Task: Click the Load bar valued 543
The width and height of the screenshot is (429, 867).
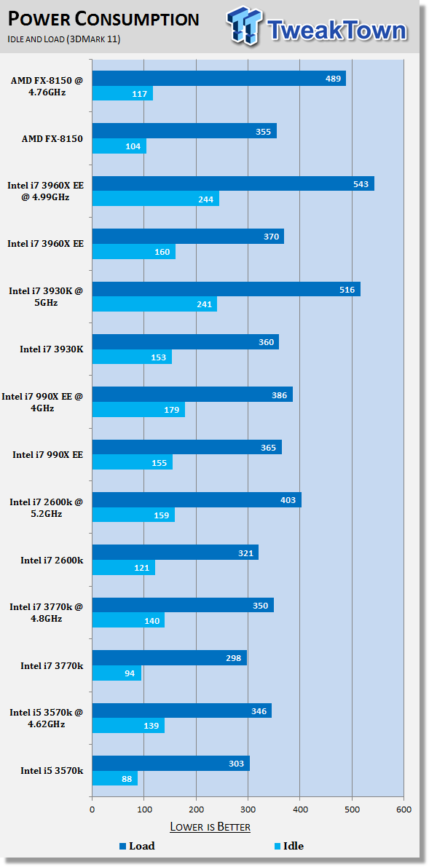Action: pyautogui.click(x=233, y=183)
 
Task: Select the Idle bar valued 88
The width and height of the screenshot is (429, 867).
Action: pyautogui.click(x=114, y=778)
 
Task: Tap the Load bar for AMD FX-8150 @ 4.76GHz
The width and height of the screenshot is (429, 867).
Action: pyautogui.click(x=219, y=78)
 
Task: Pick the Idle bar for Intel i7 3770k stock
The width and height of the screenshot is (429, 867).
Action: pyautogui.click(x=117, y=673)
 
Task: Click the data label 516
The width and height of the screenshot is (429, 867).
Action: pyautogui.click(x=347, y=289)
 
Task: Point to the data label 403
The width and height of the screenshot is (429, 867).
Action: pyautogui.click(x=288, y=500)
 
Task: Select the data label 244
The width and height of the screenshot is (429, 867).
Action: pyautogui.click(x=205, y=199)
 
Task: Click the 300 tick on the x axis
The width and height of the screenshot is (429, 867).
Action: pyautogui.click(x=248, y=809)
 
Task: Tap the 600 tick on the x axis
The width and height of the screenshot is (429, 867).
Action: pyautogui.click(x=404, y=809)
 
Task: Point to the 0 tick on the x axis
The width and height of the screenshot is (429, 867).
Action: pyautogui.click(x=93, y=809)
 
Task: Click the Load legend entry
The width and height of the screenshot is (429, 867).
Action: pyautogui.click(x=137, y=845)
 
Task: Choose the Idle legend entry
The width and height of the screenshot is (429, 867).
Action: pyautogui.click(x=288, y=845)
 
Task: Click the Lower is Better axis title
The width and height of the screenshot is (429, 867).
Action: pyautogui.click(x=210, y=827)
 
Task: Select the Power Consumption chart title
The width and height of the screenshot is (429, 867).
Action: pyautogui.click(x=103, y=20)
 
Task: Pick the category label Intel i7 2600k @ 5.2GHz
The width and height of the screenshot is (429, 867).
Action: pyautogui.click(x=47, y=507)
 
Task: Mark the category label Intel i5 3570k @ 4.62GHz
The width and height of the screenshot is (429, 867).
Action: pyautogui.click(x=47, y=718)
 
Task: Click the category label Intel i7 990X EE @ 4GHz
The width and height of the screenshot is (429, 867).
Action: pyautogui.click(x=43, y=402)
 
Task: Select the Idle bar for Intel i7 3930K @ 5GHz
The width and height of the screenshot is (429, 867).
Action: pyautogui.click(x=154, y=304)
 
